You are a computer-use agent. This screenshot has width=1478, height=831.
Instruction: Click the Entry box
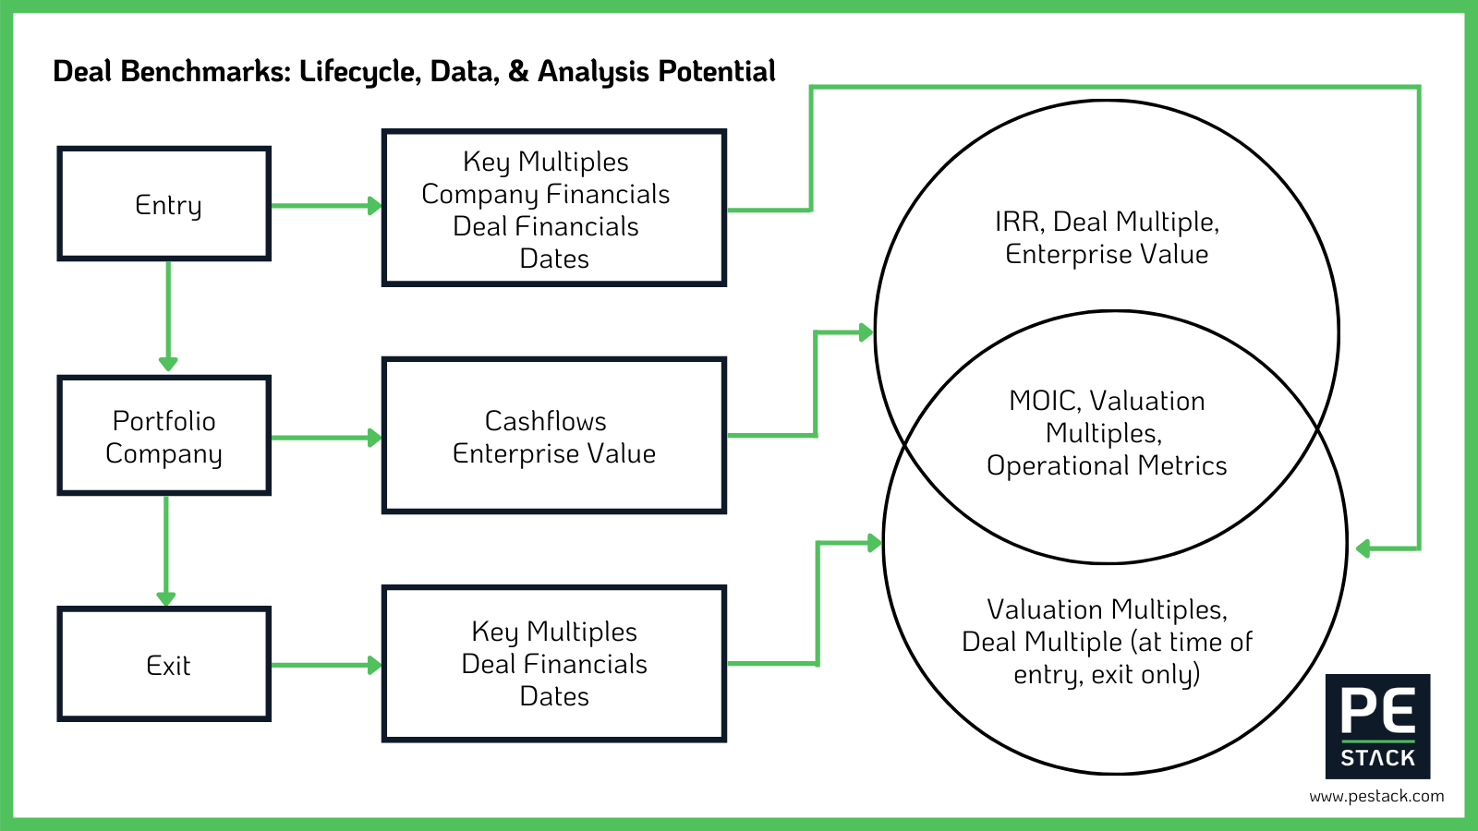164,204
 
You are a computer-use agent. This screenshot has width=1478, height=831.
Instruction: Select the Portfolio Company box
164,436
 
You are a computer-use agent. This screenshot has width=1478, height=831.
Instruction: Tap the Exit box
164,665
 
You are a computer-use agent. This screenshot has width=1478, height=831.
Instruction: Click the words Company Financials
545,194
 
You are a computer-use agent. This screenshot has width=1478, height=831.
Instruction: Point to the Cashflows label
545,421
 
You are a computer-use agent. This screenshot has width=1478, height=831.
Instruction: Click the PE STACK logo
1377,726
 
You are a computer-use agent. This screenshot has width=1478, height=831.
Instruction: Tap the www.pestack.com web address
1376,796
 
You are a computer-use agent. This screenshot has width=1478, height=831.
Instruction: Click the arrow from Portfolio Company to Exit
166,550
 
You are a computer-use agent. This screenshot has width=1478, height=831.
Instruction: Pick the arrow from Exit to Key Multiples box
326,665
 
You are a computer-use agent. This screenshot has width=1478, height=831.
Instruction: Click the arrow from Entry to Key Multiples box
326,206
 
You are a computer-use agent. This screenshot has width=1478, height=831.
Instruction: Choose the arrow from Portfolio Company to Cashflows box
326,438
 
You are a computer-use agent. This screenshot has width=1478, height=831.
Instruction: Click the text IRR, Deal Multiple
1107,222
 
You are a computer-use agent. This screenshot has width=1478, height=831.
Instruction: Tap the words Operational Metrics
1107,465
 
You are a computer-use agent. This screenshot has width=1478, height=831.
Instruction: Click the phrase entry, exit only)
1107,674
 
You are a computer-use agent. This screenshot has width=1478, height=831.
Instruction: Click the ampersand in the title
518,71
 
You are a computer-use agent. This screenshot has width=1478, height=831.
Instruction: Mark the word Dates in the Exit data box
554,696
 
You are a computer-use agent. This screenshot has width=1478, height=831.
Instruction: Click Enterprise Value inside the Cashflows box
554,453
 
